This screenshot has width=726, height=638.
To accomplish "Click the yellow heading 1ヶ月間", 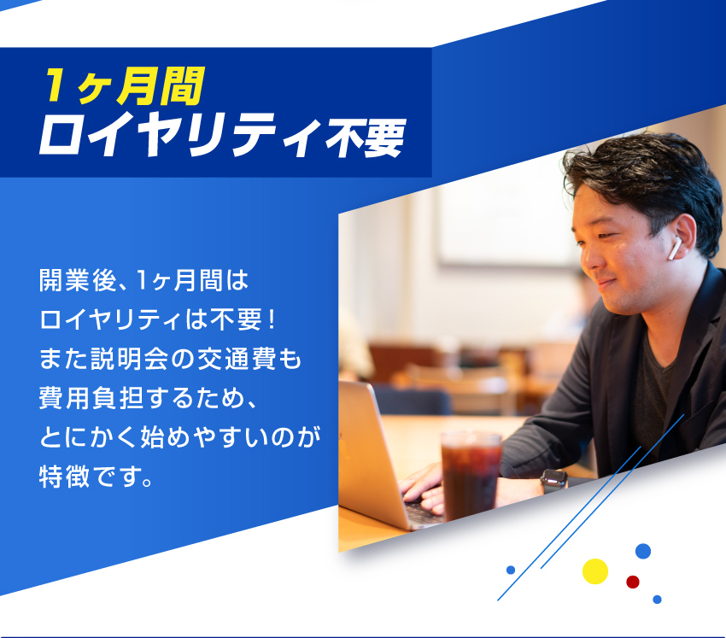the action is (124, 86).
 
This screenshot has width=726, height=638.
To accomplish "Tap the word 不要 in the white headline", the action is (366, 138).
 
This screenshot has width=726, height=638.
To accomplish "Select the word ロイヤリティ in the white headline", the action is (180, 138).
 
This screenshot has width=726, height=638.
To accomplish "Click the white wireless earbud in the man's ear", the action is (674, 249).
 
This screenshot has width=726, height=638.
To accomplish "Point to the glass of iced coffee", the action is (470, 474).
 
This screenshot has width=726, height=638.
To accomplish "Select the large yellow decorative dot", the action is (595, 571).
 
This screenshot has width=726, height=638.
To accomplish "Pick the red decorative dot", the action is (632, 582).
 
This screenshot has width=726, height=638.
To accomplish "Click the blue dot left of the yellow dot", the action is (511, 570).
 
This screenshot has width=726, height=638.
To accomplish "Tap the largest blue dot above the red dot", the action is (643, 551).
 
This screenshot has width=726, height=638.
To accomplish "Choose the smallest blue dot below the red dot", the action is (657, 600).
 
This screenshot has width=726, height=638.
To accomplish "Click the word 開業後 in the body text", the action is (78, 280).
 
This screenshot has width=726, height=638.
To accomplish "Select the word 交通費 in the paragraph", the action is (237, 359).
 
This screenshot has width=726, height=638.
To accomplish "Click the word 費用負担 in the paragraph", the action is (91, 398).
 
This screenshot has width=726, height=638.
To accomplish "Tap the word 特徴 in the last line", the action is (64, 476).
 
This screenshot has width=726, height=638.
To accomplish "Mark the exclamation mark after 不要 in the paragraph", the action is (272, 320).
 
